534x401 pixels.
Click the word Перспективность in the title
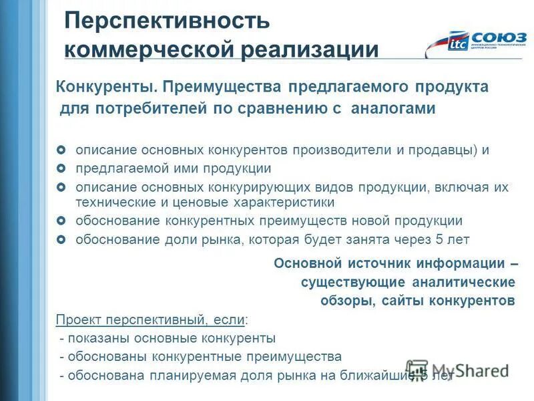[x=167, y=21]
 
